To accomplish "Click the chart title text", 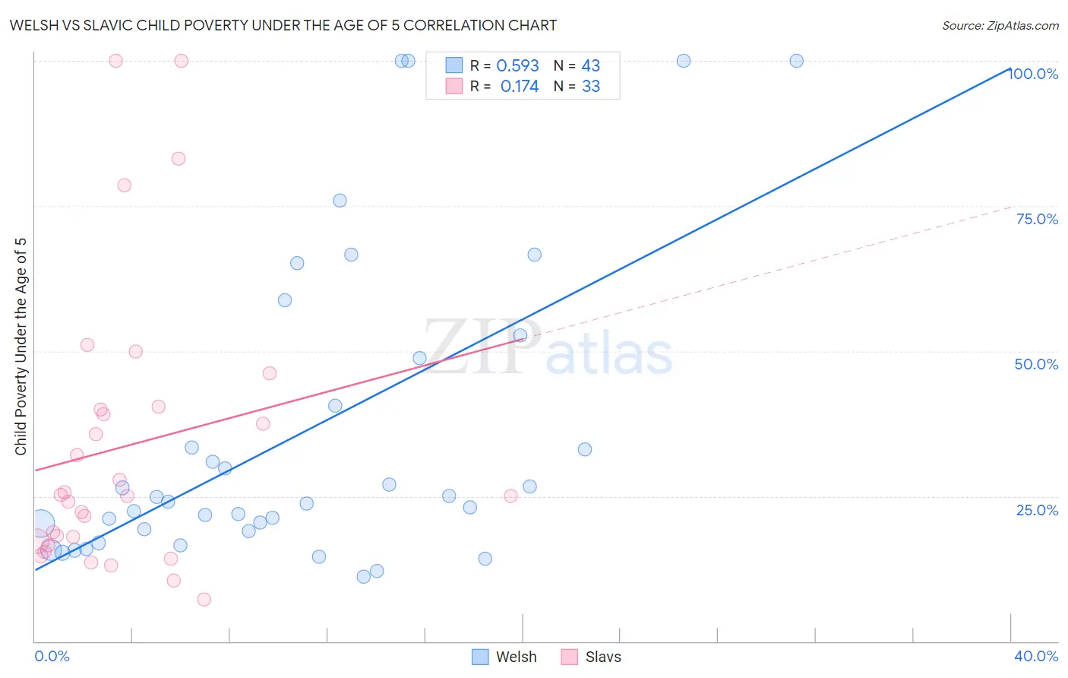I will (283, 25).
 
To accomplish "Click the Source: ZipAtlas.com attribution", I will (1000, 25).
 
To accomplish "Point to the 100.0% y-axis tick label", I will (1033, 74).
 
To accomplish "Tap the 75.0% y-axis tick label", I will (1037, 219).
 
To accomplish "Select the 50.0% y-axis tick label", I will (1036, 364).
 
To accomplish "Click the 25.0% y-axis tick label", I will (1037, 509).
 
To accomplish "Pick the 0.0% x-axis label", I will (52, 656).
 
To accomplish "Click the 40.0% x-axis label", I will (1035, 656).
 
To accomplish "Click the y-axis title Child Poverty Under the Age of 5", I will (21, 347).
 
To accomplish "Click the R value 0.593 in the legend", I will (517, 66).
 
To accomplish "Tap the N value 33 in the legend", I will (591, 87).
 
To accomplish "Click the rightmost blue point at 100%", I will (796, 61).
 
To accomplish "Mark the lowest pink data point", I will (204, 600).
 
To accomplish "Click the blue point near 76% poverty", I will (340, 201).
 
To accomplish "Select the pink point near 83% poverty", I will (179, 159).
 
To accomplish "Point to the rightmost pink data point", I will (510, 496).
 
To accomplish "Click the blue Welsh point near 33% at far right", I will (584, 449).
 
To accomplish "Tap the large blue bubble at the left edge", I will (41, 523).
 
